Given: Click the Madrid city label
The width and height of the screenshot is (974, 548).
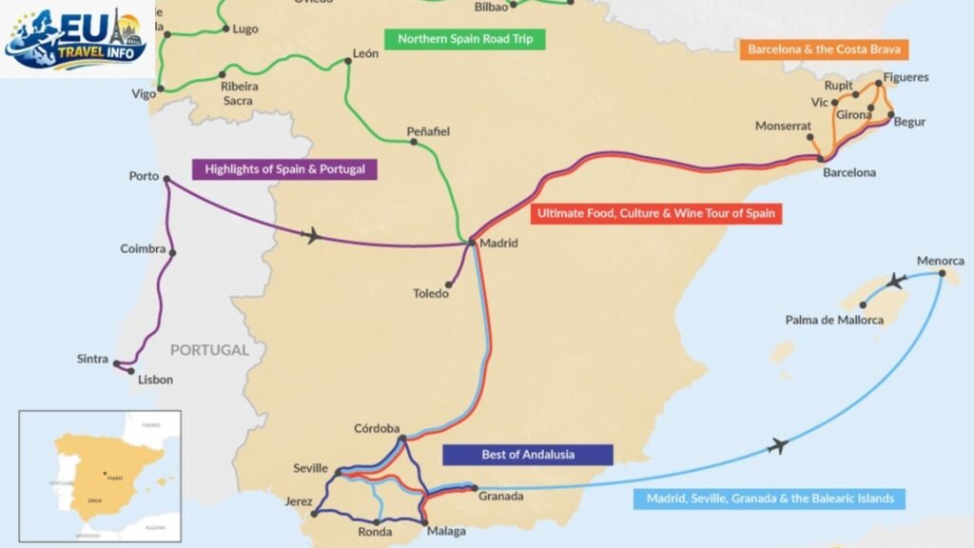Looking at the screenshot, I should [x=499, y=244].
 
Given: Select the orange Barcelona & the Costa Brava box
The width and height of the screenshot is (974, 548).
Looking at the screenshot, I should [x=824, y=49].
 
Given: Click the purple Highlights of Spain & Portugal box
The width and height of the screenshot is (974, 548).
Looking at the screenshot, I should [x=284, y=170].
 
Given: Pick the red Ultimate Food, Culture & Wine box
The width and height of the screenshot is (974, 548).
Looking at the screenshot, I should [x=656, y=214].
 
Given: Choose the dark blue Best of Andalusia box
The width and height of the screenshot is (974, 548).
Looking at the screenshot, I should [x=528, y=454].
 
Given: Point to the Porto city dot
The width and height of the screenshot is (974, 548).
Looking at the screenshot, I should [x=166, y=178].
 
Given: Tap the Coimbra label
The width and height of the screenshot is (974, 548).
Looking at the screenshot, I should [x=143, y=249].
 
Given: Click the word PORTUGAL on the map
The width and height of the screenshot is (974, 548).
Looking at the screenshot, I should [x=209, y=349].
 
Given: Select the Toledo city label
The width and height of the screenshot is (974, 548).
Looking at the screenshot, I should [x=430, y=294].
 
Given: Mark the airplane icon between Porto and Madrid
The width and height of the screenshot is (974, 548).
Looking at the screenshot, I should [x=311, y=235].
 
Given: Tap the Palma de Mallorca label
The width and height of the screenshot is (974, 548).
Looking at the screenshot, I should [x=834, y=320].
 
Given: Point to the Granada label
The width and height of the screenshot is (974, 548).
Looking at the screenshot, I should [x=500, y=497].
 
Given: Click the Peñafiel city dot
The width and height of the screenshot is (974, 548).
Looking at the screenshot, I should [x=414, y=143].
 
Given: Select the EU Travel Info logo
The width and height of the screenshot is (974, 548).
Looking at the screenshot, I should [x=76, y=38].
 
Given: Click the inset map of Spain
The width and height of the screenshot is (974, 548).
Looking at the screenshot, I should [x=100, y=476].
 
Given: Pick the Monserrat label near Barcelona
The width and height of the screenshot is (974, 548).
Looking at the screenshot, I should [x=784, y=126].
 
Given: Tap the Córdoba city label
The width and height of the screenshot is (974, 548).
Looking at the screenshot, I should [x=377, y=428].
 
